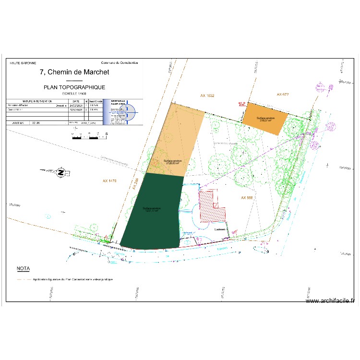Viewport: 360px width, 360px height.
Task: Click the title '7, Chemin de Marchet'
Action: tap(74, 72)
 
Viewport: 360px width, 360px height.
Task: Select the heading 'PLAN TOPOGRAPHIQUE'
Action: tap(74, 87)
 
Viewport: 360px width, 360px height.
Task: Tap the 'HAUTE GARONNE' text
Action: tap(23, 63)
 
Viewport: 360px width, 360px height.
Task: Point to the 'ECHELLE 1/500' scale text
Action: tap(74, 94)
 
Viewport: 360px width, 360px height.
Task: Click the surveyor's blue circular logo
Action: tap(130, 113)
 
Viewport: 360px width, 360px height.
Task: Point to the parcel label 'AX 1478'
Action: tap(110, 181)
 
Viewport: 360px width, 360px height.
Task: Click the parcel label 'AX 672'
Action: tap(283, 94)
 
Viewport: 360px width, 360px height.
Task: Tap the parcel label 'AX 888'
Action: tap(247, 197)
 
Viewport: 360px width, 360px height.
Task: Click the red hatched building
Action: tap(211, 206)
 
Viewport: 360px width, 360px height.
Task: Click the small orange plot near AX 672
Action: tap(265, 119)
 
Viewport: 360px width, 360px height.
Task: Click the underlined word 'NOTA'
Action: tap(23, 268)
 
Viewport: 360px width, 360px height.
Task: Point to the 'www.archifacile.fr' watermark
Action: tap(330, 301)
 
